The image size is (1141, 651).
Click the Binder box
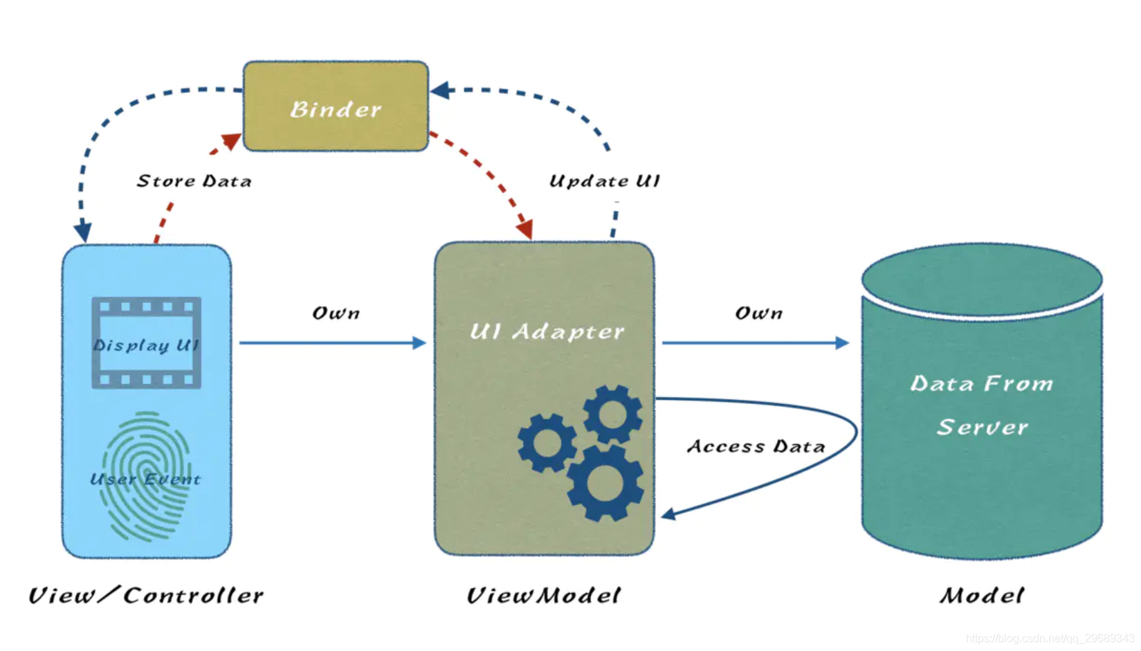[x=336, y=107]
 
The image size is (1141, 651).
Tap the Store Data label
[x=194, y=181]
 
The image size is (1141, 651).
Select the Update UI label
[x=604, y=181]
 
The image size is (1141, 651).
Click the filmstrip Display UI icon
[x=147, y=343]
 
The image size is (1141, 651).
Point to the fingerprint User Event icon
[x=146, y=477]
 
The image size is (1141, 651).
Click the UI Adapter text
[x=547, y=331]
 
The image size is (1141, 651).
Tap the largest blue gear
[x=605, y=483]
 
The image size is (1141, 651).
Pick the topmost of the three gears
[x=612, y=414]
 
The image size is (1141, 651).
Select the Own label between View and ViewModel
[x=336, y=313]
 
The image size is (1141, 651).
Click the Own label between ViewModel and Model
[x=758, y=313]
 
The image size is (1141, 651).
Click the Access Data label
[x=756, y=447]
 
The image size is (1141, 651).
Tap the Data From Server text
[x=981, y=405]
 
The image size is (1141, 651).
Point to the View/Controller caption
[x=146, y=595]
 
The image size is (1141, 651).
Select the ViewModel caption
[x=543, y=595]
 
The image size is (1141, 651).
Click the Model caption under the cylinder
[x=981, y=595]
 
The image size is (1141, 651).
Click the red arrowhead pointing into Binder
[x=231, y=141]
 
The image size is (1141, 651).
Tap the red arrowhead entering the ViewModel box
[x=526, y=229]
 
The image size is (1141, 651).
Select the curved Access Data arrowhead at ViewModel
[x=668, y=514]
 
